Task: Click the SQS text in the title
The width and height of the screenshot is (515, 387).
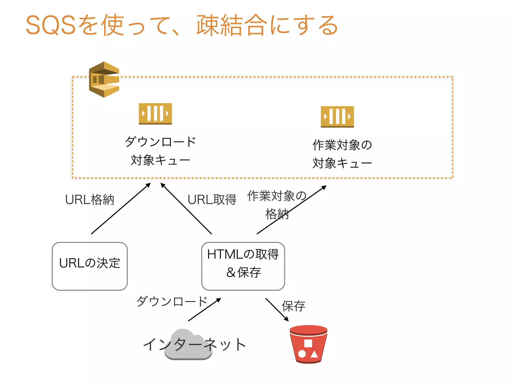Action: (x=51, y=25)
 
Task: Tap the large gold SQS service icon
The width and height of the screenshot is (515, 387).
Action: (x=104, y=80)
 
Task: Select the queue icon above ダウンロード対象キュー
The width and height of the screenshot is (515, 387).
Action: (x=155, y=114)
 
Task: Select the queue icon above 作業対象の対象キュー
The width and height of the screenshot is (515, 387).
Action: (x=337, y=117)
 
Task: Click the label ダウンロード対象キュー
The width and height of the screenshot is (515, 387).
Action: (x=160, y=151)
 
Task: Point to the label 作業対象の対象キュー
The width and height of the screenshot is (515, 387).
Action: (x=342, y=154)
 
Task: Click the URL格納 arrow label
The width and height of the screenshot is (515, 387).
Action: (x=90, y=200)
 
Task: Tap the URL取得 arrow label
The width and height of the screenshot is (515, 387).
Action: (x=212, y=200)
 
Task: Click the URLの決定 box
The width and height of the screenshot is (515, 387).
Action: (x=90, y=266)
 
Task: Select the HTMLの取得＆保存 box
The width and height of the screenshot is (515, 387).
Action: (x=243, y=266)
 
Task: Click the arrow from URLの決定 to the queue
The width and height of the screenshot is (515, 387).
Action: (x=121, y=209)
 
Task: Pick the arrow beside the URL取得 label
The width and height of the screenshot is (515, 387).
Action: (x=186, y=209)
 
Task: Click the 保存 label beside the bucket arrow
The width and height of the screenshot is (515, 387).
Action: (x=293, y=306)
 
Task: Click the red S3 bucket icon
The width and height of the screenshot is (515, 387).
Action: (x=308, y=345)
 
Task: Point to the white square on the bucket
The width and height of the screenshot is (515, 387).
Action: (x=308, y=343)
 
